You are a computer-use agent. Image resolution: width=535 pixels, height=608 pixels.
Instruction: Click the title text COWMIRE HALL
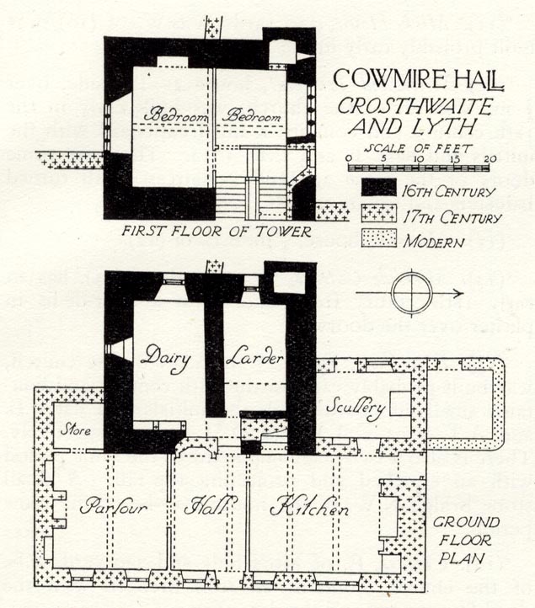[418, 79]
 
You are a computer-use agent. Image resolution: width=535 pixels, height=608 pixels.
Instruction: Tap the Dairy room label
[166, 360]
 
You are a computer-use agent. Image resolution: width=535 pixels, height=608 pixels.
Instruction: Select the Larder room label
[254, 358]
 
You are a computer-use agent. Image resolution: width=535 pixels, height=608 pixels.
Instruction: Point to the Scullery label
[356, 408]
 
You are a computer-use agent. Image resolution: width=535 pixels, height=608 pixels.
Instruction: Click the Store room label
[76, 430]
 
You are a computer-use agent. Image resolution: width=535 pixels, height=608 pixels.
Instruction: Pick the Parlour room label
[113, 506]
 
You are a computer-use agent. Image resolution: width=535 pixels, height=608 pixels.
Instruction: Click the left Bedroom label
[175, 115]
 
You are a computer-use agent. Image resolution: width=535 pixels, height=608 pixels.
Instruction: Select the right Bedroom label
[254, 115]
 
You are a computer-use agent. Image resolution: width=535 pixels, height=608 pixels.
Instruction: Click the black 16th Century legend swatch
[379, 187]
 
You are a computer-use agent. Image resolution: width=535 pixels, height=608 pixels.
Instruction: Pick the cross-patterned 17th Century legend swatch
[379, 213]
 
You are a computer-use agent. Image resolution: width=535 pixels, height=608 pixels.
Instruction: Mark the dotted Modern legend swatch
[379, 237]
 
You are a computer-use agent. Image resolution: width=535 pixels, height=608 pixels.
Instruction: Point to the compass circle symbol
[412, 293]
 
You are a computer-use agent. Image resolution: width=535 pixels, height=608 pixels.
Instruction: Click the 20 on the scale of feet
[490, 158]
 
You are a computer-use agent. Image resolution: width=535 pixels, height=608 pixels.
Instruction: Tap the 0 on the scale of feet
[349, 158]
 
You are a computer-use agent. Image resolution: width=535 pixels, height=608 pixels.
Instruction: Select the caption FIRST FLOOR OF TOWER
[217, 232]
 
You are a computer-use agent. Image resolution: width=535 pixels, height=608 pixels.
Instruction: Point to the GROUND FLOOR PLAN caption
[466, 540]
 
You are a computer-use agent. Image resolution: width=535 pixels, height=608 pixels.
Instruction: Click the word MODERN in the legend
[433, 242]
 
